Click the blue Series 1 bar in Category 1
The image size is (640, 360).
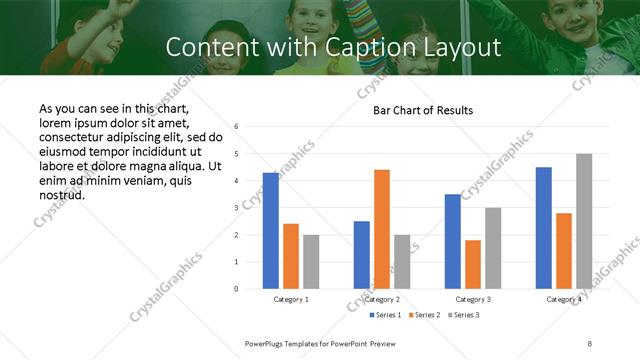click(x=271, y=231)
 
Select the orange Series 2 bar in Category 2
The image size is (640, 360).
click(x=382, y=229)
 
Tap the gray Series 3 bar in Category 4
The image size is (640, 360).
click(x=584, y=221)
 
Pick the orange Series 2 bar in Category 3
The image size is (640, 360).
click(x=473, y=264)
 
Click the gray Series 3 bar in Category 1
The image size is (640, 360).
click(x=311, y=262)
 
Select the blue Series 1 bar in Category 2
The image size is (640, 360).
click(x=362, y=255)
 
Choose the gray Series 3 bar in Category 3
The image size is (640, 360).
click(x=493, y=248)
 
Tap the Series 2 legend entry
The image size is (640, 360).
click(x=424, y=315)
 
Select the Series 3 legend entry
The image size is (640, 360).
click(x=463, y=315)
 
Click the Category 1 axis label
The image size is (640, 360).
click(x=291, y=299)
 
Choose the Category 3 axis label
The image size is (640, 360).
click(x=473, y=299)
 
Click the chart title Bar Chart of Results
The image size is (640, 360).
click(x=423, y=109)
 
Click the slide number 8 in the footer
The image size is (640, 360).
click(x=590, y=343)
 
